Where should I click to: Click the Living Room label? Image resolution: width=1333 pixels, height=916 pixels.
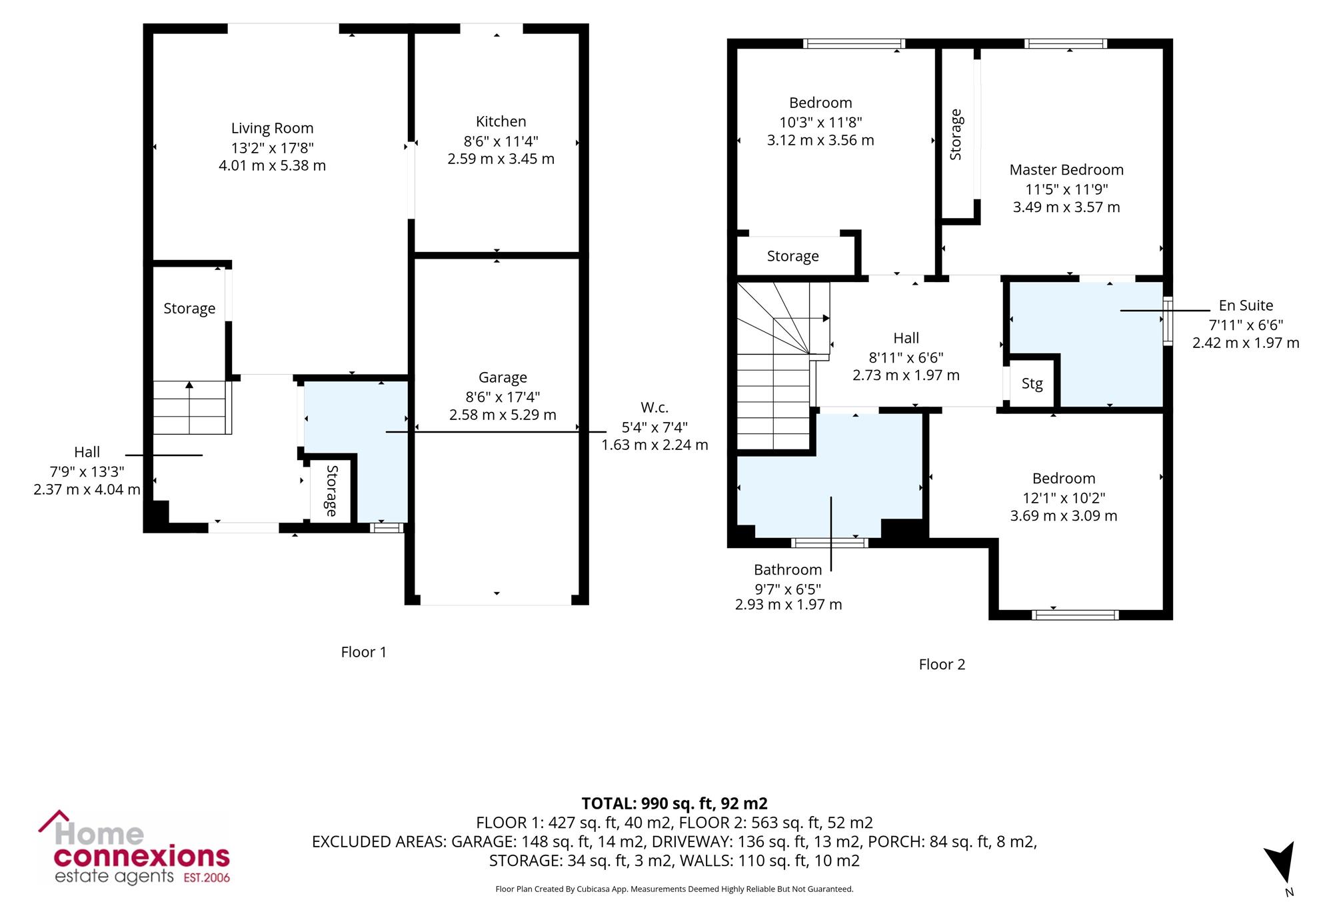tap(272, 128)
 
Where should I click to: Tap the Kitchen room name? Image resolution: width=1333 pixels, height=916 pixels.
tap(501, 121)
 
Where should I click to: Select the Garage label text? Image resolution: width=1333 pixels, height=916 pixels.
tap(503, 378)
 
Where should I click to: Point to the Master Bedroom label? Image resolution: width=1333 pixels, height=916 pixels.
tap(1066, 170)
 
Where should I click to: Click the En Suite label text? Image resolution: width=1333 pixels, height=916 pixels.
tap(1246, 305)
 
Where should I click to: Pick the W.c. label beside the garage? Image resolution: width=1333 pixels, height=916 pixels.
tap(655, 407)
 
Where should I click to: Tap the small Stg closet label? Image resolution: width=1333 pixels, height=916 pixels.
tap(1032, 383)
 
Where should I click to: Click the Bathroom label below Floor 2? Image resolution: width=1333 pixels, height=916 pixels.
tap(788, 569)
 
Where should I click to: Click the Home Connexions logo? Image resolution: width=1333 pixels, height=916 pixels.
tap(134, 848)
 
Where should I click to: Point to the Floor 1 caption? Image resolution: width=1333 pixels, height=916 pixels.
tap(363, 652)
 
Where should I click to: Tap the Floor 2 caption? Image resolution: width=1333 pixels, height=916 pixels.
tap(942, 664)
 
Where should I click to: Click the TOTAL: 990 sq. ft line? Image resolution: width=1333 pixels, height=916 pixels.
tap(674, 803)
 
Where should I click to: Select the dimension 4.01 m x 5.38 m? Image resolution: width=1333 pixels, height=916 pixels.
tap(272, 165)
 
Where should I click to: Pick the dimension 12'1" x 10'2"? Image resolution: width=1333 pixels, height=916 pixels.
tap(1064, 497)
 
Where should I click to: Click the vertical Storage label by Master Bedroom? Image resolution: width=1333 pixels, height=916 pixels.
tap(956, 134)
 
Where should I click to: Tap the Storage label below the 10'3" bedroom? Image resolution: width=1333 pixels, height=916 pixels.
tap(792, 256)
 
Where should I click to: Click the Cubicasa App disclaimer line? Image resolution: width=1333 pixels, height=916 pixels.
tap(674, 889)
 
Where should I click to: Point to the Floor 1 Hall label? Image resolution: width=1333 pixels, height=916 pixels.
tap(87, 452)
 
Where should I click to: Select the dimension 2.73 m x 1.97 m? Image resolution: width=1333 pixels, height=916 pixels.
tap(906, 375)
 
